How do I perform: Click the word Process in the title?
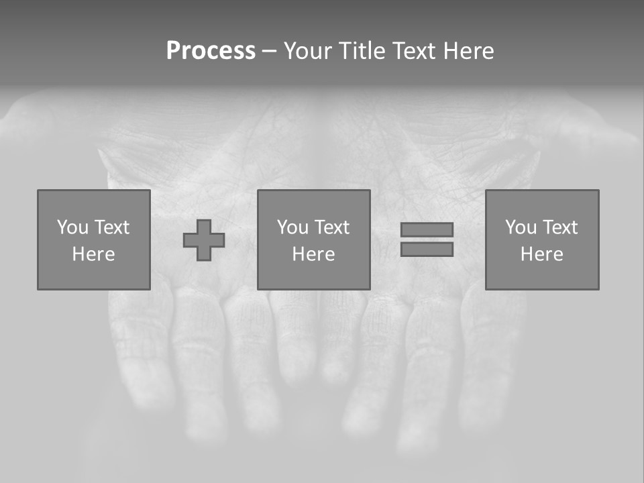tap(211, 51)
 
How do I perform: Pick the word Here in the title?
tap(470, 51)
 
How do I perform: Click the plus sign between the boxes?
tap(204, 240)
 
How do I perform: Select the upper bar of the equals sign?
tap(427, 229)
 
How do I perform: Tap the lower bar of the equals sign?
tap(427, 250)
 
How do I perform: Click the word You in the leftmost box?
tap(72, 227)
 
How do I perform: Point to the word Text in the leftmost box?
tap(111, 227)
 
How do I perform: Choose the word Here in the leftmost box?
tap(93, 254)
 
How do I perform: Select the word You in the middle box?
tap(292, 227)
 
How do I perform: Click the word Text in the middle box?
tap(331, 227)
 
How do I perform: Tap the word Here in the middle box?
tap(313, 254)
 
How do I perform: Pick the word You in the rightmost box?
tap(521, 227)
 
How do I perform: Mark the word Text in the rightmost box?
tap(559, 227)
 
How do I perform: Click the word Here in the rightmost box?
tap(541, 254)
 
